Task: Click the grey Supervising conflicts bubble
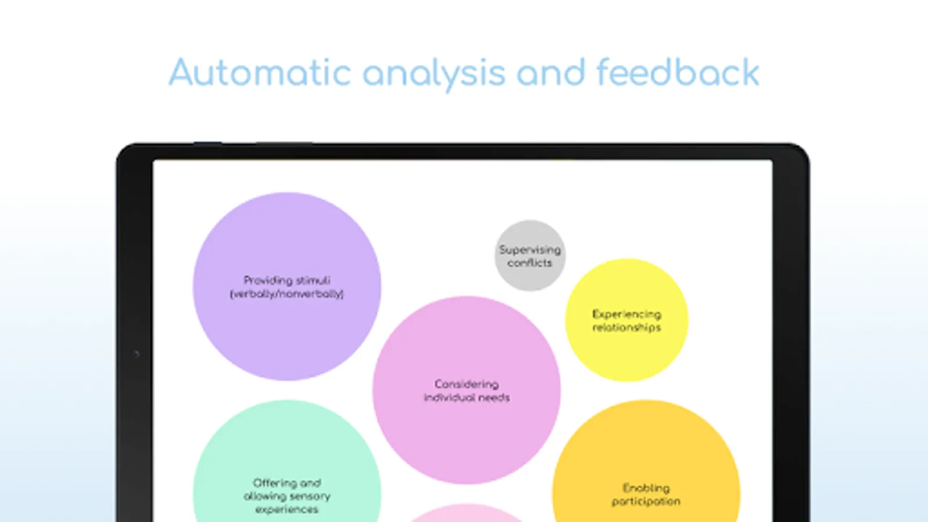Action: point(530,256)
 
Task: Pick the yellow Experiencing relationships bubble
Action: point(627,320)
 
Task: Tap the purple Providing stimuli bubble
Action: point(287,287)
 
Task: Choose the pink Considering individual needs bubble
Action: point(466,390)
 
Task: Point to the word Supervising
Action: point(530,250)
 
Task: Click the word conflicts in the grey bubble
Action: point(530,263)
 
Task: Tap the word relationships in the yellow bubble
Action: point(627,327)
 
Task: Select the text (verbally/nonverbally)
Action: point(287,293)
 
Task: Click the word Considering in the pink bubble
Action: point(466,385)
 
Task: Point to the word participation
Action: point(646,502)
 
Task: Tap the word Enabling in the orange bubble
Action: point(646,488)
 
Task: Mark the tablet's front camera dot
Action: point(136,354)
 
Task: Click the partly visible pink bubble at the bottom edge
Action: point(466,513)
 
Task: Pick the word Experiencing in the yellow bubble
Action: point(627,314)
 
